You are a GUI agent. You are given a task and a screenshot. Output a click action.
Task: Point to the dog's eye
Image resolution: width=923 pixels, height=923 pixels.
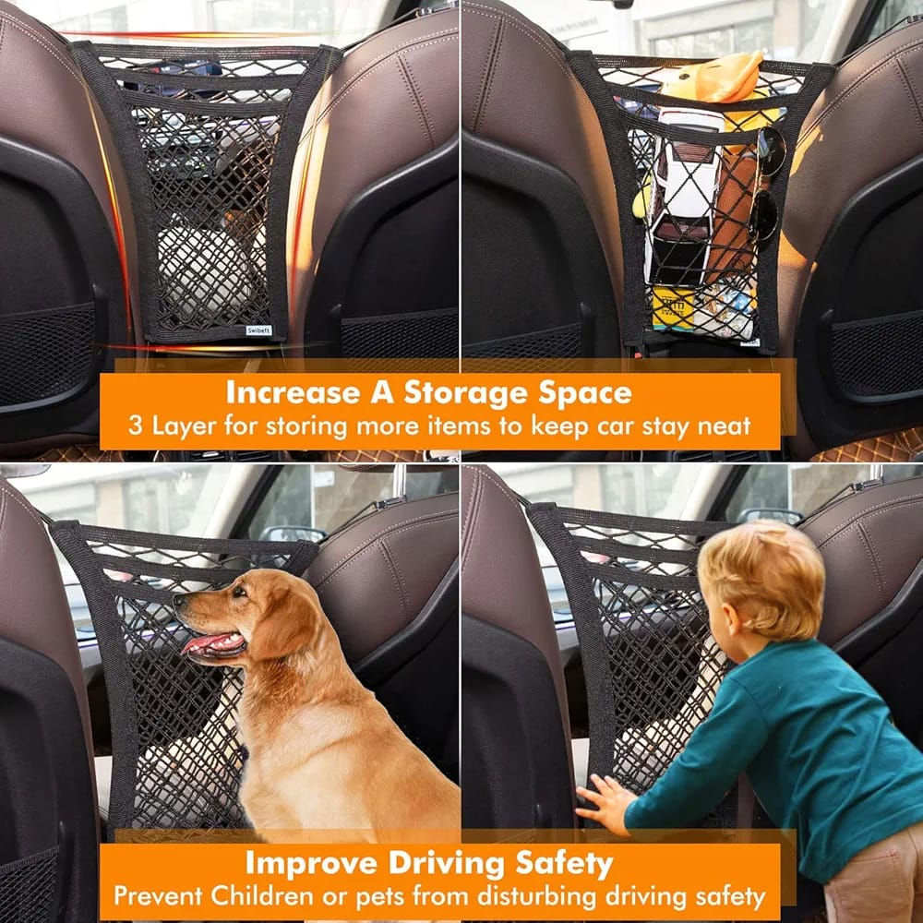click(238, 591)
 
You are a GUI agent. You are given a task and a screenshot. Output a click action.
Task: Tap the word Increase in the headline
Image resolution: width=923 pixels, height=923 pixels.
click(293, 392)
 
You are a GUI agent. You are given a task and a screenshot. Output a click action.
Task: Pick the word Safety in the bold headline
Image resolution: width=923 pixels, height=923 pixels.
click(564, 865)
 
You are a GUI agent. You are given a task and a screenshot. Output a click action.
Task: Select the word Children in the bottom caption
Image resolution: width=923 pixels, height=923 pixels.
click(262, 896)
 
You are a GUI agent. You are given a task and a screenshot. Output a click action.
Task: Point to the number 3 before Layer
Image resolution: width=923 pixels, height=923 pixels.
click(136, 426)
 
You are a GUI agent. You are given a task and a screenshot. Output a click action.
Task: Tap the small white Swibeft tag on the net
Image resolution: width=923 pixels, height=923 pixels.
click(259, 330)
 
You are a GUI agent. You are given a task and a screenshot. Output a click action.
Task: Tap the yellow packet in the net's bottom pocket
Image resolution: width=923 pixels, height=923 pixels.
click(673, 308)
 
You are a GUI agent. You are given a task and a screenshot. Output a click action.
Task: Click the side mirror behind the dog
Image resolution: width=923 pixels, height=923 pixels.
click(292, 534)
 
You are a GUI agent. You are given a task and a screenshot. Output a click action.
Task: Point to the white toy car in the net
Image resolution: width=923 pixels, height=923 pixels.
click(683, 194)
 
